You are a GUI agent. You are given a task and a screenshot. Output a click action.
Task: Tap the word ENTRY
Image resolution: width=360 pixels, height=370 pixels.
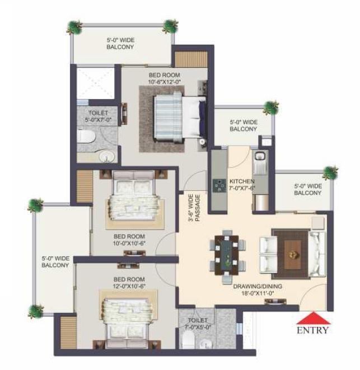313,330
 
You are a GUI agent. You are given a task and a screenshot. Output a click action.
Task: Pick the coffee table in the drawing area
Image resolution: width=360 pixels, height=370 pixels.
293,254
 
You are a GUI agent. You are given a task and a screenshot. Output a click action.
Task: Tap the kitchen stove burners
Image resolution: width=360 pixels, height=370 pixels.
219,185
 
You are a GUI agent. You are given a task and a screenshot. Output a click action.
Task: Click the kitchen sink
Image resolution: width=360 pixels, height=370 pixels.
260,156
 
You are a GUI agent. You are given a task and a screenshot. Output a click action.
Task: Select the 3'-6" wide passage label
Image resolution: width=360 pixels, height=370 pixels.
194,208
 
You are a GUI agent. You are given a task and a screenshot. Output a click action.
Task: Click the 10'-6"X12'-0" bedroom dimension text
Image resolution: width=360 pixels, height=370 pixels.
164,82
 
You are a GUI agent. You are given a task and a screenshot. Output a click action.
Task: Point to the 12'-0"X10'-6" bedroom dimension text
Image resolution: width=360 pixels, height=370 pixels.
129,286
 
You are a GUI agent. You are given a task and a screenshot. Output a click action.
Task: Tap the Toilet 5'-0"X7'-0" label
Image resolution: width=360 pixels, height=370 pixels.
98,116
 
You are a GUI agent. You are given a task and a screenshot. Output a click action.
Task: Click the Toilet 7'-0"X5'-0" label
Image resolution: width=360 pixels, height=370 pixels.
198,324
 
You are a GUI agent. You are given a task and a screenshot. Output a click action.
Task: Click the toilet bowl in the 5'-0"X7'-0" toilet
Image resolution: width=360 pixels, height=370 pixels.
86,137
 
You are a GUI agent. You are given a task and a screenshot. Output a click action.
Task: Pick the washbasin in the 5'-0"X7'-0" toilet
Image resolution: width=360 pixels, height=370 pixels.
107,157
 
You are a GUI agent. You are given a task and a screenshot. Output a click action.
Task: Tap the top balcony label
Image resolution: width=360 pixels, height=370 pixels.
120,44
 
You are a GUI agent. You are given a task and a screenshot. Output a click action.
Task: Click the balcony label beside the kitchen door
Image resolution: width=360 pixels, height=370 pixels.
244,125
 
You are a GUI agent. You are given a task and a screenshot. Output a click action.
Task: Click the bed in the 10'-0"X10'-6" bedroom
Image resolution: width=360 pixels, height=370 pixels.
134,196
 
